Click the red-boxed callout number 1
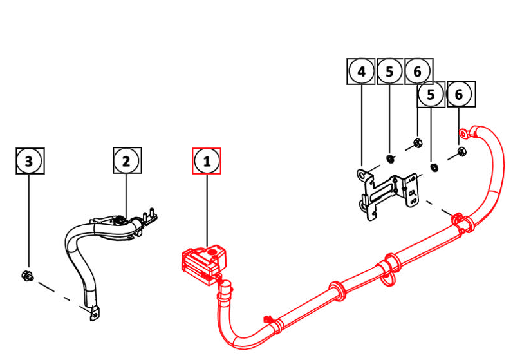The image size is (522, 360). (207, 161)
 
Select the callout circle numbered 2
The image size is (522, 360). (126, 161)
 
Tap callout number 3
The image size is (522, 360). (29, 161)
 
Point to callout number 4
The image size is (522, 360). (362, 71)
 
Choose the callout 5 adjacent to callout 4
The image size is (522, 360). (390, 71)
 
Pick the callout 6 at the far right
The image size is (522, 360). (459, 95)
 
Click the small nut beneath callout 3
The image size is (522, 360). (28, 276)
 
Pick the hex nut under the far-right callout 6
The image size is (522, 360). (461, 153)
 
